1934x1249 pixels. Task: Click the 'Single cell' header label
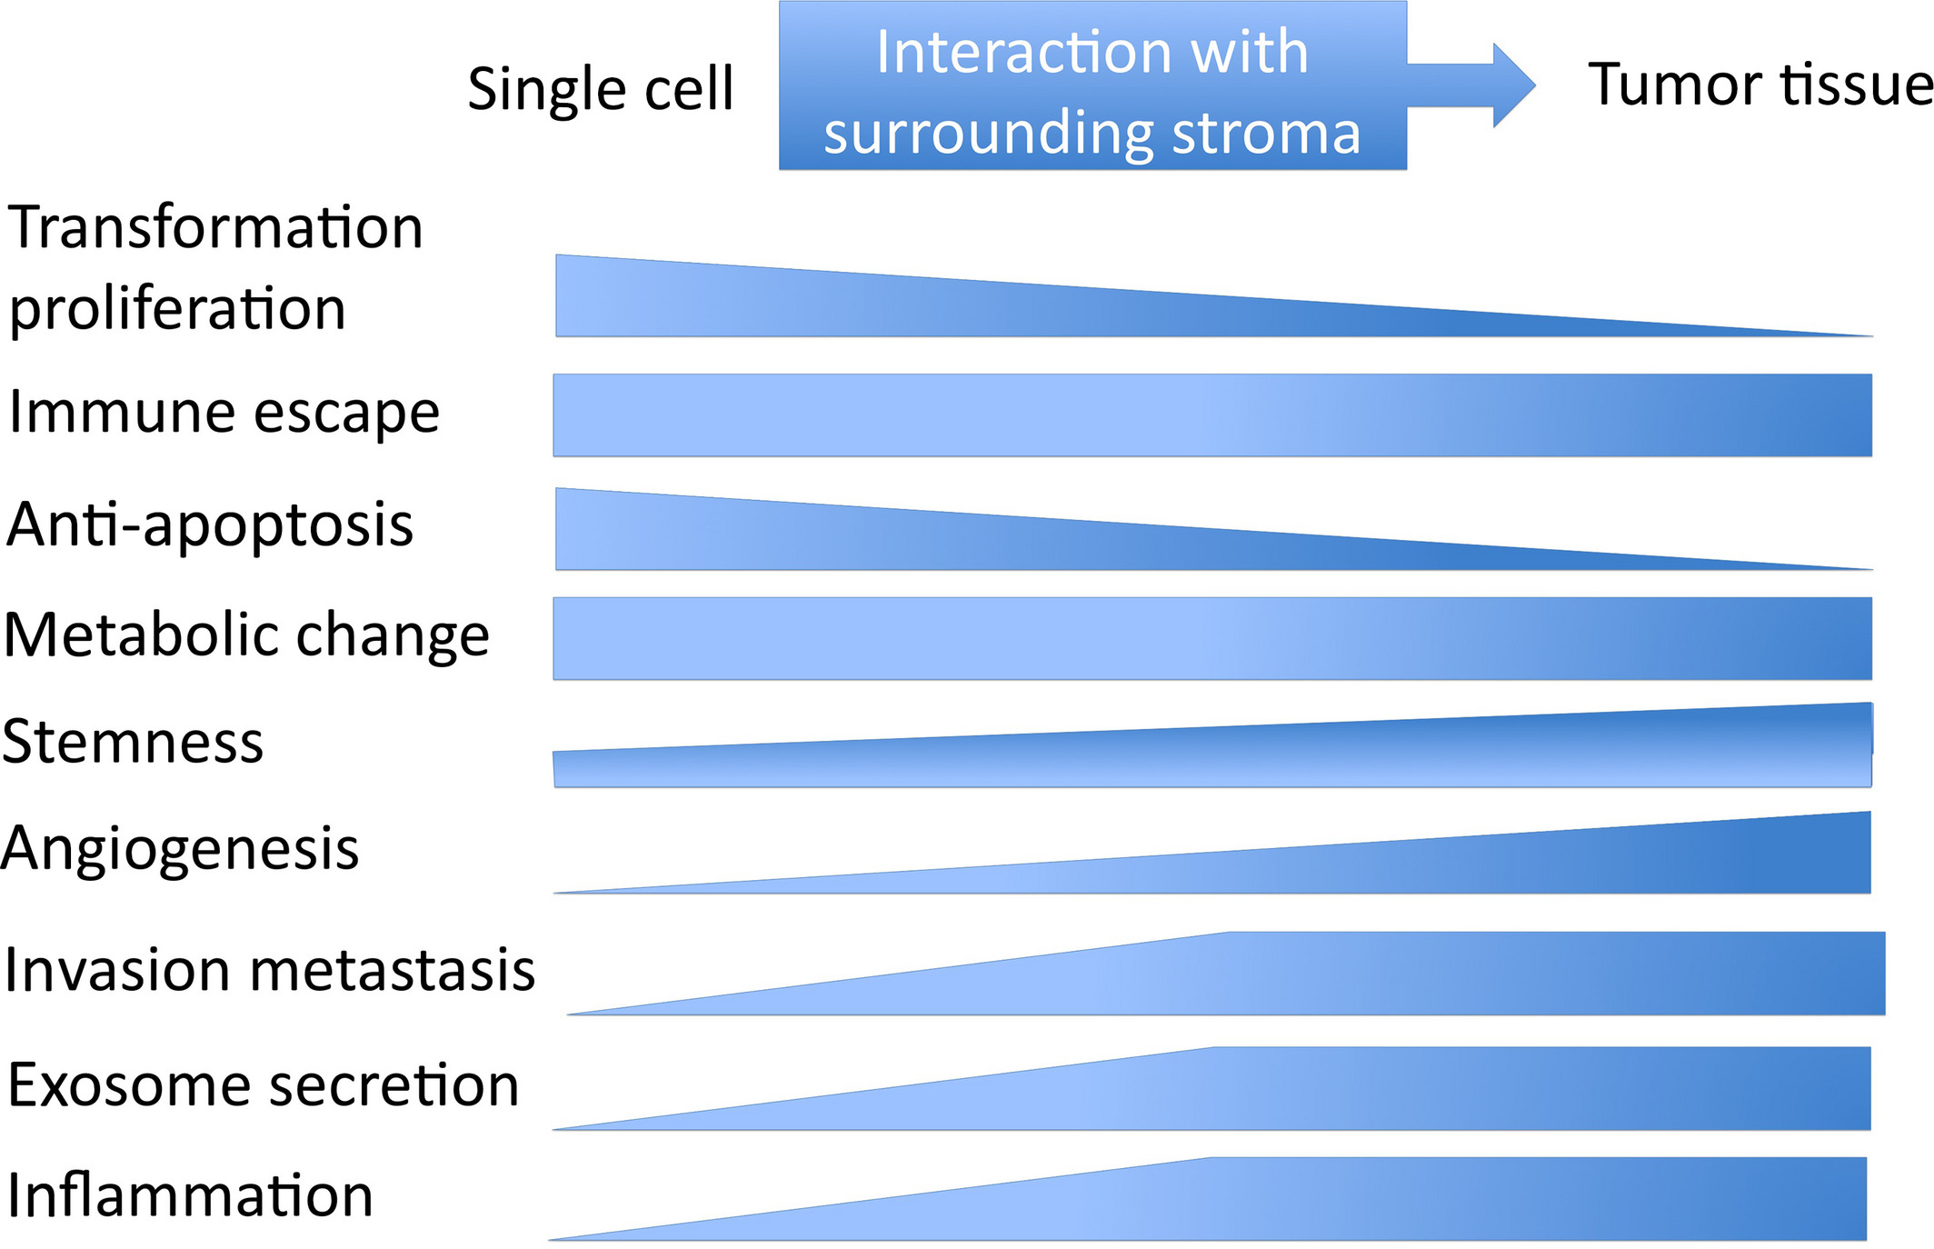[x=601, y=90]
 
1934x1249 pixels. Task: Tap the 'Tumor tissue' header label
[x=1760, y=84]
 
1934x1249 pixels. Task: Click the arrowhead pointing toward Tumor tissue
[x=1514, y=85]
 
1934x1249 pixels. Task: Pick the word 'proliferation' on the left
[x=178, y=309]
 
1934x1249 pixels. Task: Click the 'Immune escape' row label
[x=224, y=414]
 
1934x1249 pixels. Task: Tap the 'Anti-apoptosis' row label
[x=210, y=525]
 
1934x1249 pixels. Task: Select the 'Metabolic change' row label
[x=246, y=634]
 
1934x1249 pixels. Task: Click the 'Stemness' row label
[x=133, y=741]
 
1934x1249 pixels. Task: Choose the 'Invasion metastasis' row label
[x=270, y=970]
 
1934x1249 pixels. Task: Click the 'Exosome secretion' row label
[x=264, y=1084]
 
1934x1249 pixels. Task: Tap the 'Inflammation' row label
[x=190, y=1194]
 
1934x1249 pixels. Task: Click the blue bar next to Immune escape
[x=1212, y=415]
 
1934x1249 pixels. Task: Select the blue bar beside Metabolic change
[x=1212, y=638]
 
